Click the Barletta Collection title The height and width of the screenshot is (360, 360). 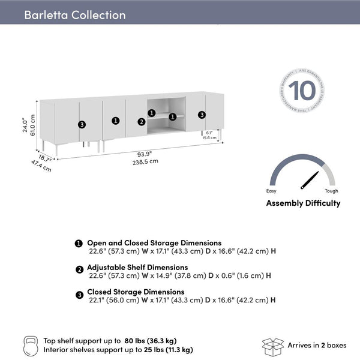75,15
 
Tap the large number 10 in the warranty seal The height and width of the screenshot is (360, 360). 302,92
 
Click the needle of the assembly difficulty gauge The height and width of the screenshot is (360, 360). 310,179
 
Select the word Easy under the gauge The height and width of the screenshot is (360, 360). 272,191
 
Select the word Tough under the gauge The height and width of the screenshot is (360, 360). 331,191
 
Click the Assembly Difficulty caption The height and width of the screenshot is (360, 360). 303,203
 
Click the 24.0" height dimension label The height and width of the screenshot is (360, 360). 25,124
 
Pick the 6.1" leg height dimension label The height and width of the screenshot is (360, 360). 209,132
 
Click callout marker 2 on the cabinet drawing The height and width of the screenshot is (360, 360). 142,122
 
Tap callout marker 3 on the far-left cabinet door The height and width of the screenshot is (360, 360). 82,124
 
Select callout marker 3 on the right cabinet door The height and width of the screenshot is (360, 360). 202,115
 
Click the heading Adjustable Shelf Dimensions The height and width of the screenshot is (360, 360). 137,267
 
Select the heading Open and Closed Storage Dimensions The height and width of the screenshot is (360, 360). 154,243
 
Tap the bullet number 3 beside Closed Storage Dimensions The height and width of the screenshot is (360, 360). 79,295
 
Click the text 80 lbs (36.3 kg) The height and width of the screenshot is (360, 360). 152,341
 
